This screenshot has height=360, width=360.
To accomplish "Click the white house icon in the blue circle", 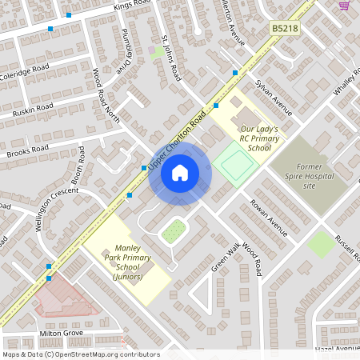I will [180, 172].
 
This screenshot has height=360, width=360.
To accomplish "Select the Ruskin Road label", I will [34, 110].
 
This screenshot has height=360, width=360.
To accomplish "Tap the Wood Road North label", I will [105, 89].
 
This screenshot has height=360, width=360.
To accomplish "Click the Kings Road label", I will [132, 6].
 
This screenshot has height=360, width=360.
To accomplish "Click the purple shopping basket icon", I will [345, 5].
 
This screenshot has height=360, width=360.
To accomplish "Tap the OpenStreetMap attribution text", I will [80, 354].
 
